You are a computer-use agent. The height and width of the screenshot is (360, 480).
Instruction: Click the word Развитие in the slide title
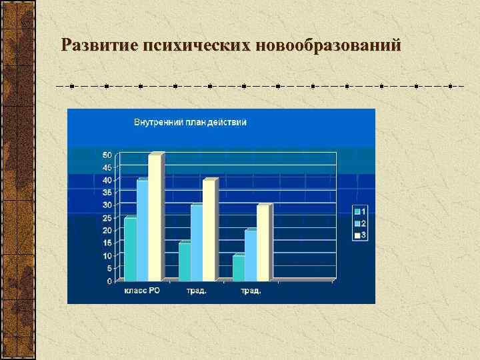click(98, 45)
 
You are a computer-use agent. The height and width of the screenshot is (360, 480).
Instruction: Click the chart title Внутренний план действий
click(190, 122)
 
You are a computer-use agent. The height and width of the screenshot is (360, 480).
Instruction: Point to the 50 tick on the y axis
click(107, 155)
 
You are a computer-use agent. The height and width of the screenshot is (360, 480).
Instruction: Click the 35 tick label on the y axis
click(107, 193)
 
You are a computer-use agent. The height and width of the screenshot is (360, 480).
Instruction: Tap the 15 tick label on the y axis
click(107, 243)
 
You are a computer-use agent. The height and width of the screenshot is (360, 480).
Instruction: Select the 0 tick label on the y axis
click(109, 281)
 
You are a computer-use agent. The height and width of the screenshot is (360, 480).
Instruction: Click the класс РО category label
click(141, 291)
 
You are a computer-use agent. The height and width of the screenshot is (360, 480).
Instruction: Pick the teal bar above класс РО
click(130, 249)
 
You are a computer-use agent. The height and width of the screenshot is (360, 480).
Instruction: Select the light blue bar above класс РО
click(142, 231)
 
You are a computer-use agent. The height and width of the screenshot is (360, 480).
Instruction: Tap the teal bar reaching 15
click(184, 262)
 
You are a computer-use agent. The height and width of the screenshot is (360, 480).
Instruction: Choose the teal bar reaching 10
click(238, 268)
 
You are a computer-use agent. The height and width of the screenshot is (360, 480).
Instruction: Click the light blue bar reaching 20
click(250, 255)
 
